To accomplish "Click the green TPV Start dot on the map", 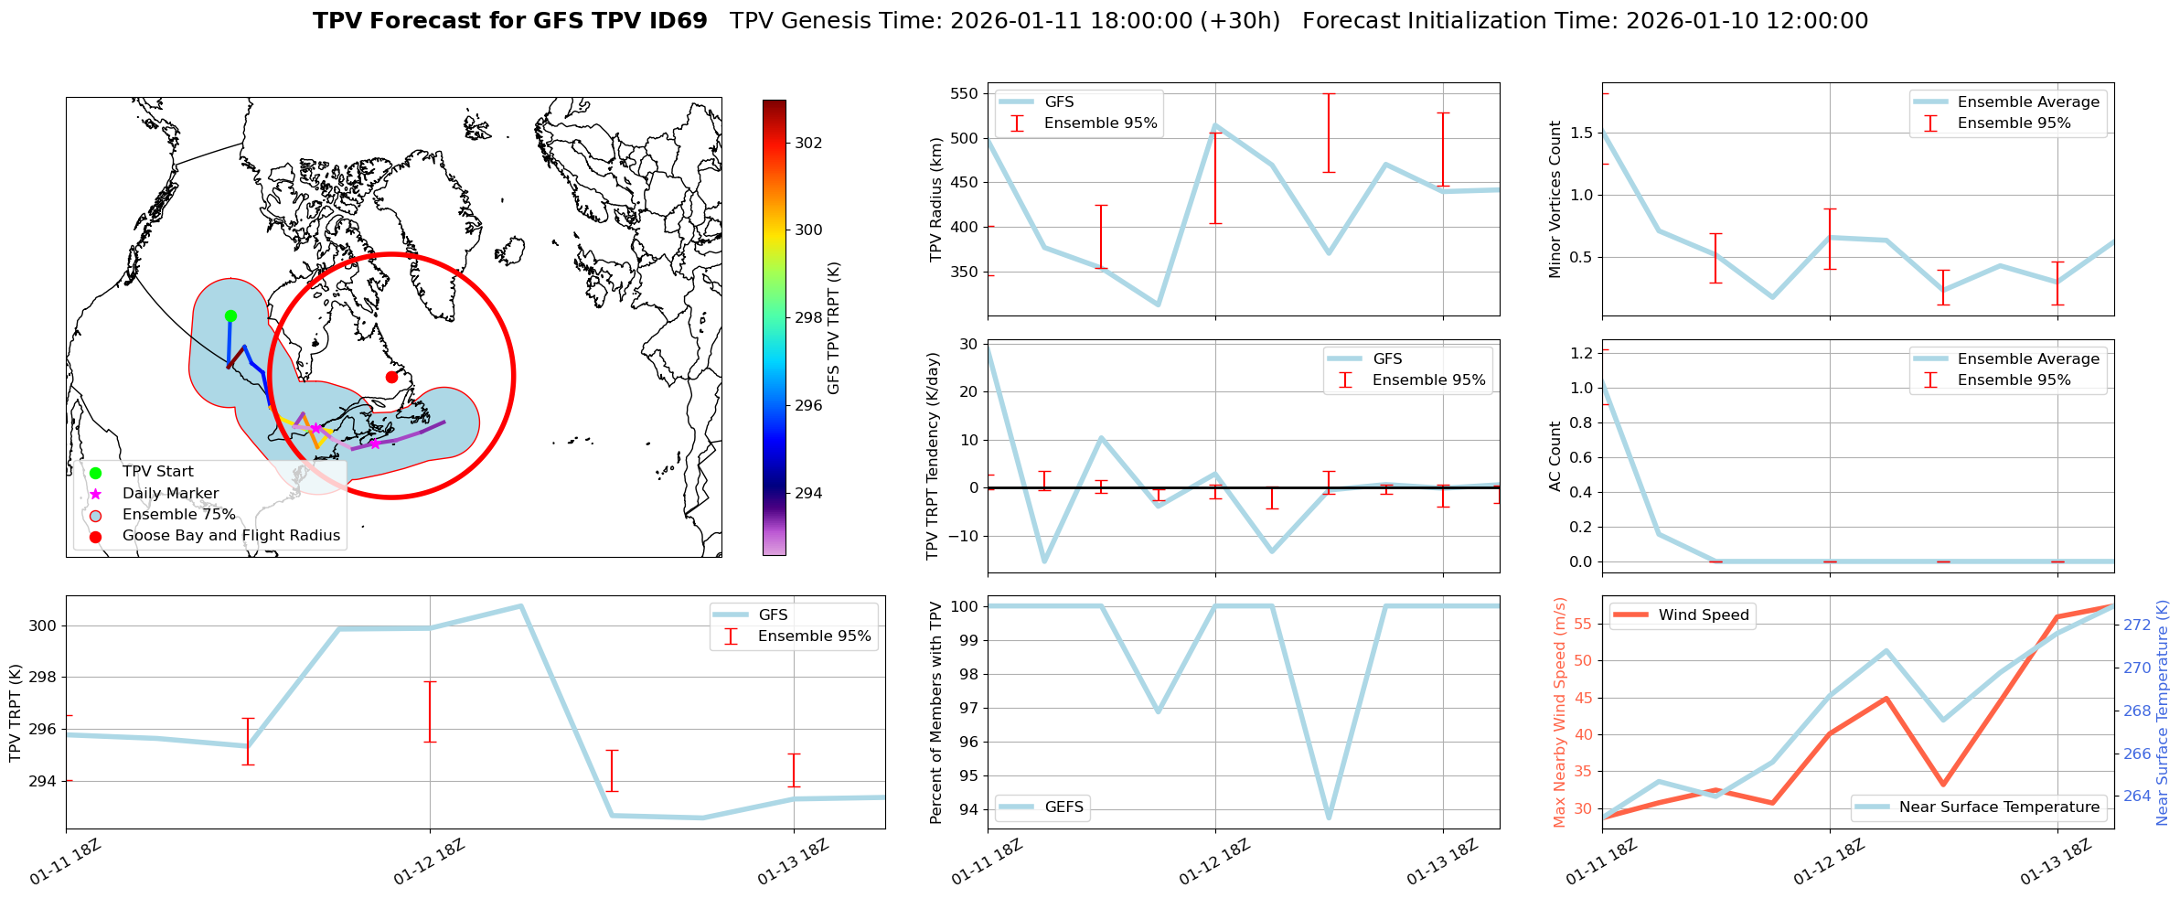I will click(230, 315).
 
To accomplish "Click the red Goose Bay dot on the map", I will click(391, 377).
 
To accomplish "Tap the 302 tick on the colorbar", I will click(808, 143).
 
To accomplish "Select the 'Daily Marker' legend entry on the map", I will click(170, 493).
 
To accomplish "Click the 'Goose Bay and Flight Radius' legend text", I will click(230, 535).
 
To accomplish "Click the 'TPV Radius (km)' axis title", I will click(935, 199).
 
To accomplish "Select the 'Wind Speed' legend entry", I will click(1703, 615).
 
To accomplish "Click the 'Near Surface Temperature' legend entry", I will click(1998, 807).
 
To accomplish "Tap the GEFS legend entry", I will click(1063, 807).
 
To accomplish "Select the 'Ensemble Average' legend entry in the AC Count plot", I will click(2027, 358).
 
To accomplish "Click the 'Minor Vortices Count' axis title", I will click(1555, 199).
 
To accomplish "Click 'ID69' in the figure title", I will click(677, 21).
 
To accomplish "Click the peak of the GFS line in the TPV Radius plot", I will click(1214, 125).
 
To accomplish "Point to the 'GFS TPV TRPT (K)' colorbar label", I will click(833, 327).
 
